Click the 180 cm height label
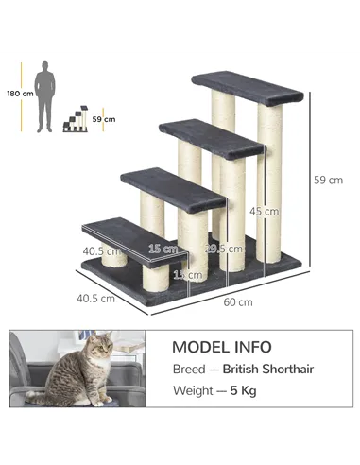coord(19,94)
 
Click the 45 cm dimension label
coord(257,211)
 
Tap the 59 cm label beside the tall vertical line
coord(328,180)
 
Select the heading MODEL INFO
coord(221,347)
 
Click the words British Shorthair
coord(274,370)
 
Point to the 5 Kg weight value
coord(243,390)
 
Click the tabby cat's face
coord(97,353)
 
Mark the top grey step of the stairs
coord(246,88)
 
